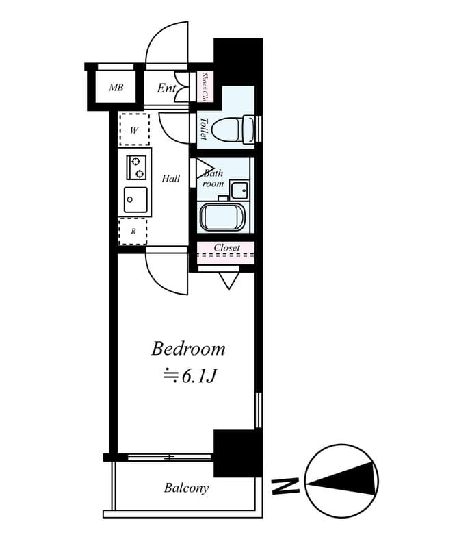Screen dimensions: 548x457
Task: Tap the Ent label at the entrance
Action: pyautogui.click(x=166, y=88)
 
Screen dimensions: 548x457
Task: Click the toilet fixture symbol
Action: pyautogui.click(x=233, y=127)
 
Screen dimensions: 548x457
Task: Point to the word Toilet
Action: pyautogui.click(x=204, y=127)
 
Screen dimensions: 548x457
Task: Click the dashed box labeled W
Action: pyautogui.click(x=135, y=129)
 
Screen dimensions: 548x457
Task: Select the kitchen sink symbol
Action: pyautogui.click(x=135, y=200)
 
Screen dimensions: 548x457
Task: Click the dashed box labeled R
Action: pyautogui.click(x=133, y=232)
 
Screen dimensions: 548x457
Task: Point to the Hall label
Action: pyautogui.click(x=171, y=179)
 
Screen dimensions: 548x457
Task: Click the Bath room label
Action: pyautogui.click(x=213, y=178)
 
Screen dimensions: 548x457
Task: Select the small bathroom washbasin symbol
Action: pyautogui.click(x=239, y=189)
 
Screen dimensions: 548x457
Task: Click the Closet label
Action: pyautogui.click(x=226, y=247)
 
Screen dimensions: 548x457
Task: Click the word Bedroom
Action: pyautogui.click(x=188, y=349)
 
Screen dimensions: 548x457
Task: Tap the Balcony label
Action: pyautogui.click(x=186, y=488)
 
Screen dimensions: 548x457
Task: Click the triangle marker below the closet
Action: pyautogui.click(x=228, y=279)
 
